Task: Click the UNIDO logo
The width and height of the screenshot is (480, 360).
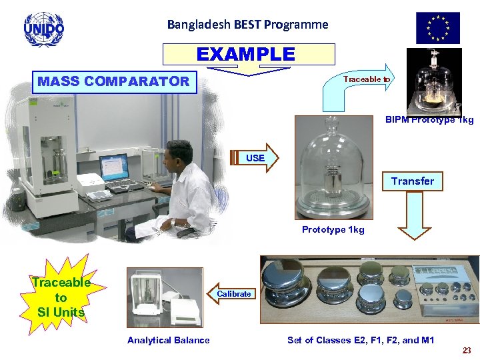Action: pos(43,28)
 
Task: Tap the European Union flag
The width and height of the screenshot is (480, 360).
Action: pos(438,28)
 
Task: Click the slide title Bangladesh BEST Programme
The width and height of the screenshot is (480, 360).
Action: pos(247,25)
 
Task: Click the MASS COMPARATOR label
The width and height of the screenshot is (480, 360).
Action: pos(113,82)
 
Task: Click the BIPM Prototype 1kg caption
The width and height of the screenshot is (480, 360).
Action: pos(429,120)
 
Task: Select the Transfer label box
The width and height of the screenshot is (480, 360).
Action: pos(412,181)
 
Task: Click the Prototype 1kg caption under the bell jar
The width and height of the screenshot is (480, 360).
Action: pos(333,230)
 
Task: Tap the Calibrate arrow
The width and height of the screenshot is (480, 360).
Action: pos(233,294)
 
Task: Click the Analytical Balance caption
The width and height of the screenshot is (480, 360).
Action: pos(168,341)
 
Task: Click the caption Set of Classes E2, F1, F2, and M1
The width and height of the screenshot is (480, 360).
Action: pos(361,341)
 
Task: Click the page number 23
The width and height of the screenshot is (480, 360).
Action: pos(467,350)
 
